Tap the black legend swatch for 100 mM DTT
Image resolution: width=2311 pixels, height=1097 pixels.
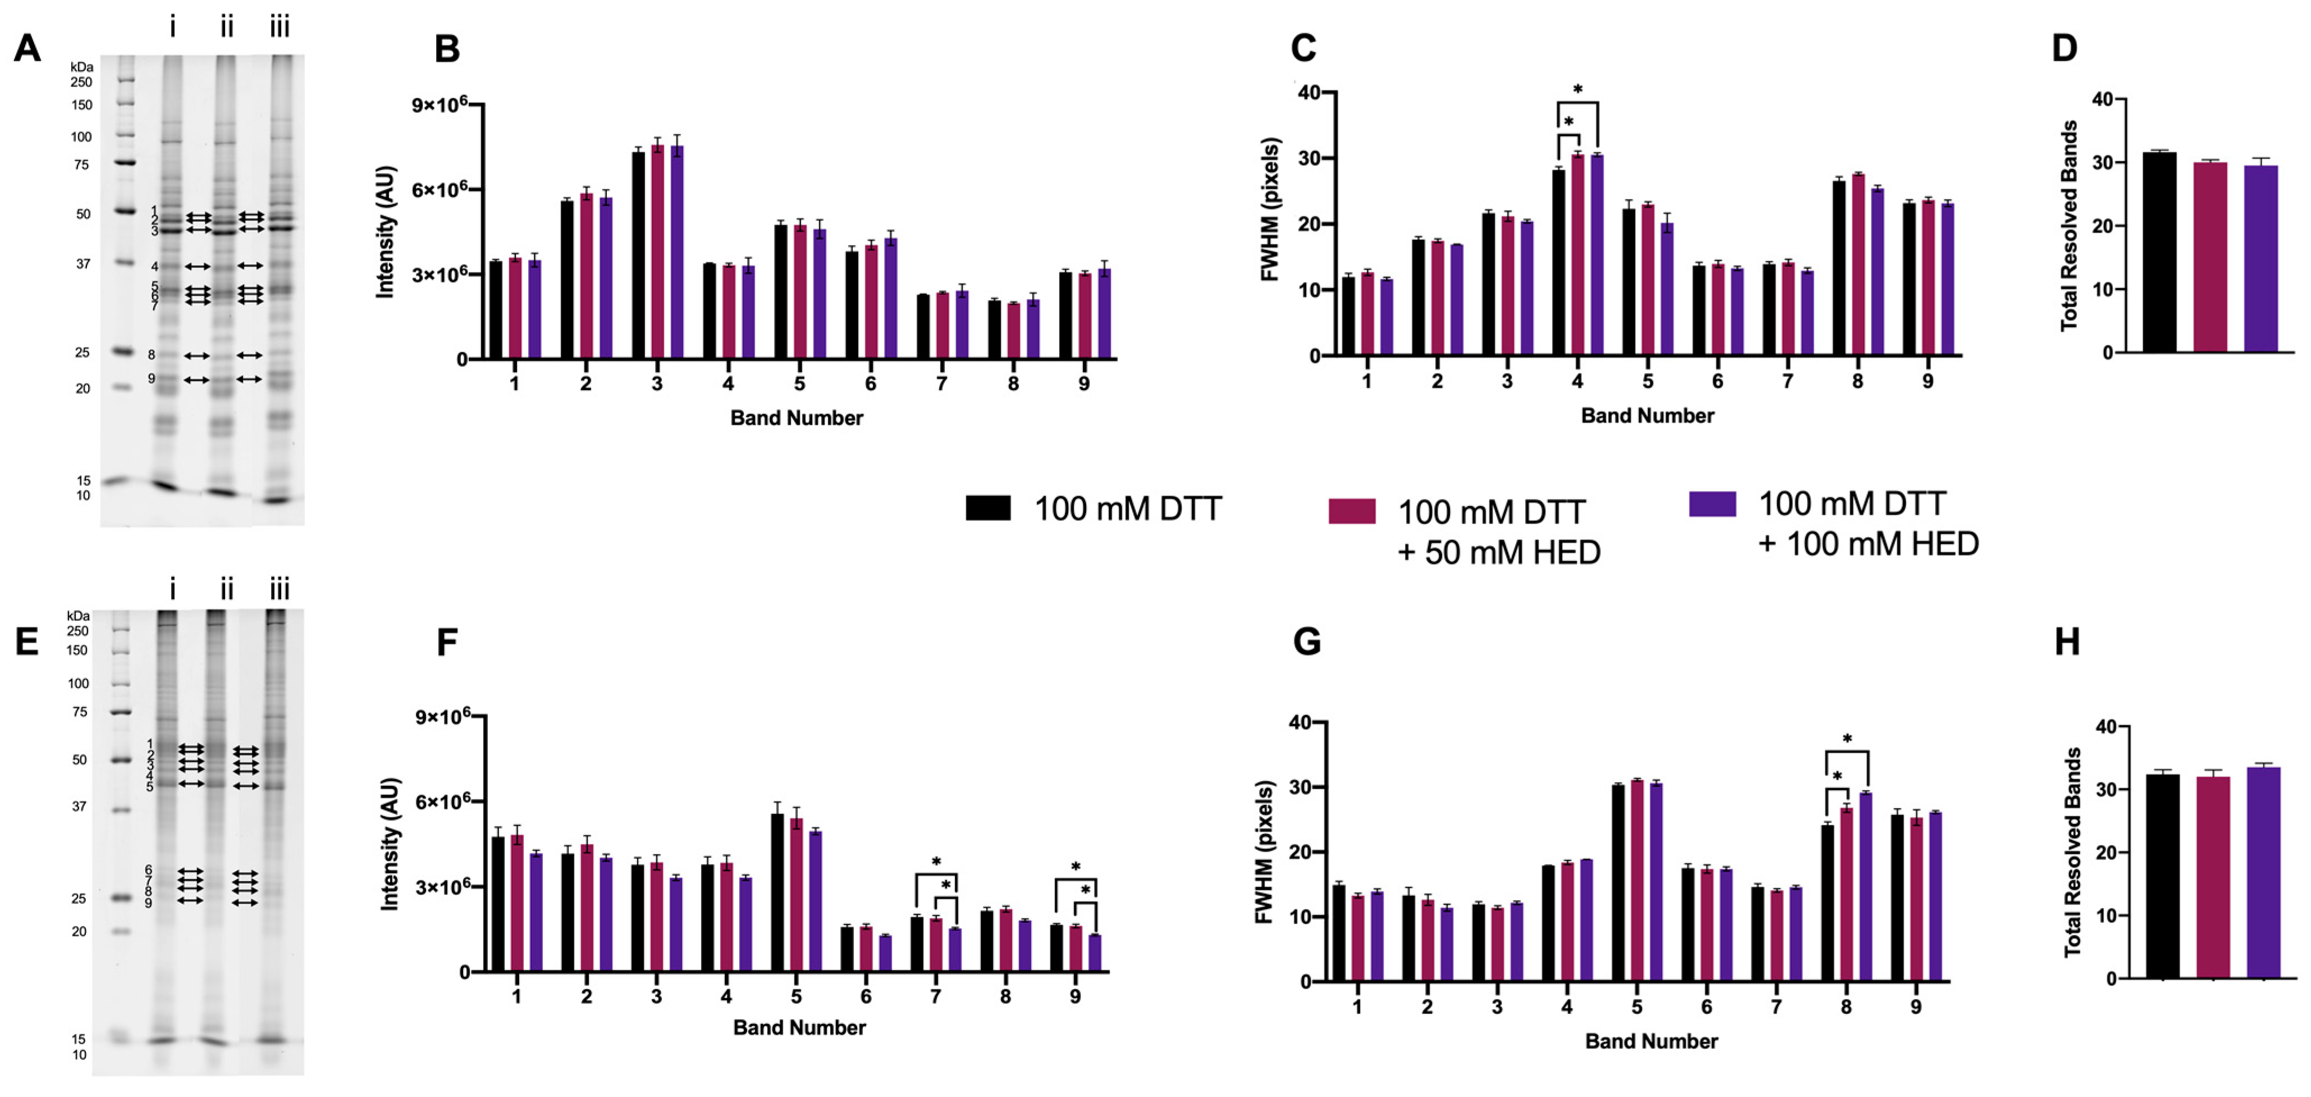click(x=988, y=508)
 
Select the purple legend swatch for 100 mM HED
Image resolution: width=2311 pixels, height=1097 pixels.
click(x=1711, y=504)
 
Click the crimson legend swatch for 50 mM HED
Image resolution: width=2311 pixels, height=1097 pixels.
click(x=1351, y=511)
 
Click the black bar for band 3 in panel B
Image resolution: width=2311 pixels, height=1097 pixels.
click(x=638, y=256)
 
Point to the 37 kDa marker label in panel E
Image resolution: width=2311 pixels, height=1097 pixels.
click(x=79, y=806)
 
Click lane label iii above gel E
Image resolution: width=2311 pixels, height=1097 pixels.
click(x=279, y=590)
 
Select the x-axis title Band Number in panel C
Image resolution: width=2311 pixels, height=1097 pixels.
click(x=1647, y=416)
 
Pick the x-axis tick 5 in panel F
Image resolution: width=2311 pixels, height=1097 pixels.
click(x=796, y=996)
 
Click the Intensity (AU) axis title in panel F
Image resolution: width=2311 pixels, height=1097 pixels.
click(x=390, y=845)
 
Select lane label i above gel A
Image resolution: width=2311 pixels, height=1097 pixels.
click(x=172, y=28)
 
